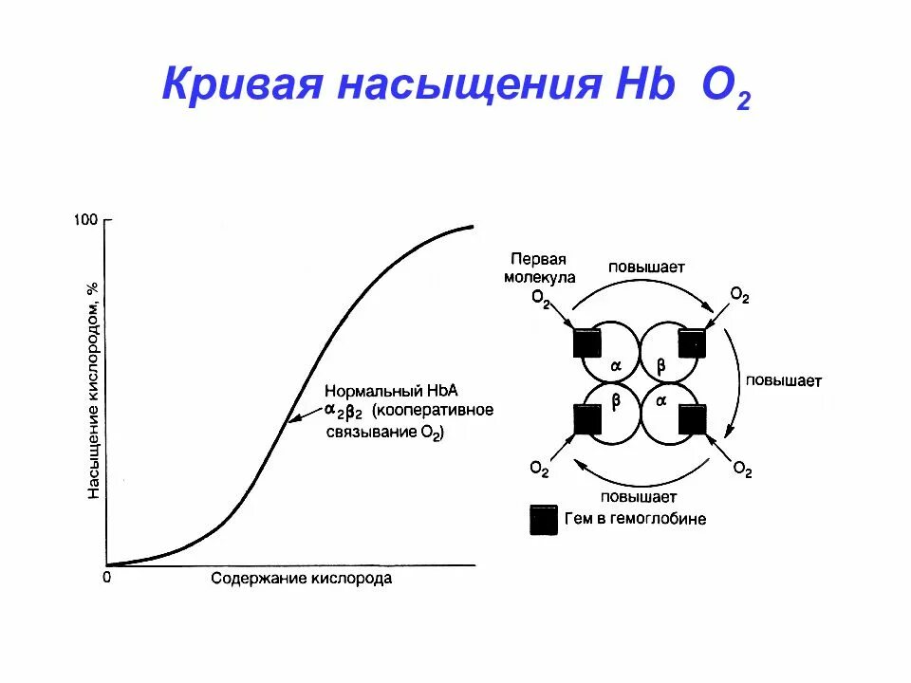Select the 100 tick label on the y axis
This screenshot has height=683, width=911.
85,220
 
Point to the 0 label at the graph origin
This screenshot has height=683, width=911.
107,576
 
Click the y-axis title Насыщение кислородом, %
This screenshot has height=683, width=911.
94,389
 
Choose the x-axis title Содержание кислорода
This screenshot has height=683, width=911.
301,578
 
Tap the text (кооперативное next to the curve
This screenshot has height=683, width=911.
433,411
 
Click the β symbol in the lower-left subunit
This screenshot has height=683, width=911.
615,401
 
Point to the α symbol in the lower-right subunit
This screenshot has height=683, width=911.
661,401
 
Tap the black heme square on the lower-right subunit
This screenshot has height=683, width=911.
693,418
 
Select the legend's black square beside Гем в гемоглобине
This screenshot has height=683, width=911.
544,520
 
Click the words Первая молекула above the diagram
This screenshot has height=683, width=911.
539,268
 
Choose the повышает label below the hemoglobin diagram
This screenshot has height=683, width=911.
638,495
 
